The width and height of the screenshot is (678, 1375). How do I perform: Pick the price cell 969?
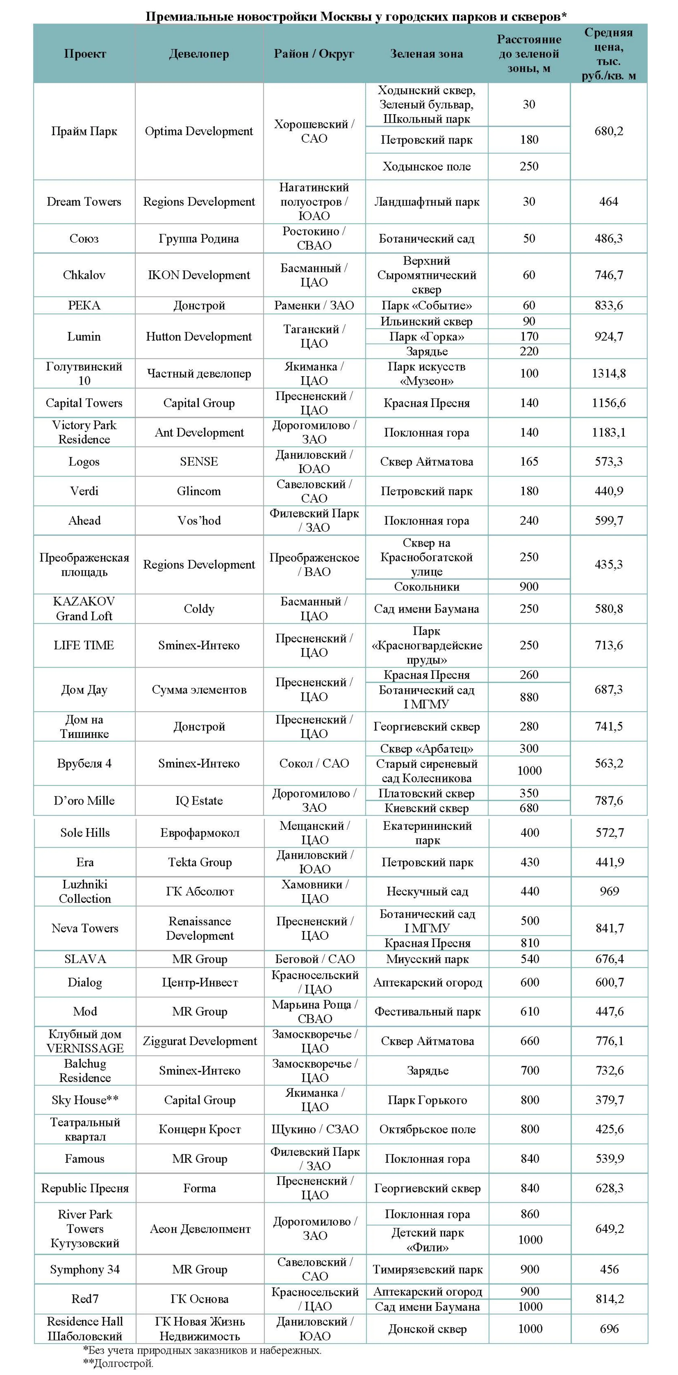[609, 892]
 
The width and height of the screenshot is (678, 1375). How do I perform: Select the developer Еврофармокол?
[200, 833]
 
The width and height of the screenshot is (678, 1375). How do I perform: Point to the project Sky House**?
[85, 1100]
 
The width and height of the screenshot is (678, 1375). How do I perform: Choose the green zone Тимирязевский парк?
[427, 1269]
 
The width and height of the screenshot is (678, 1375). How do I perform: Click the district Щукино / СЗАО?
[315, 1129]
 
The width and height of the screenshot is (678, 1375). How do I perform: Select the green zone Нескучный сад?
[427, 892]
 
